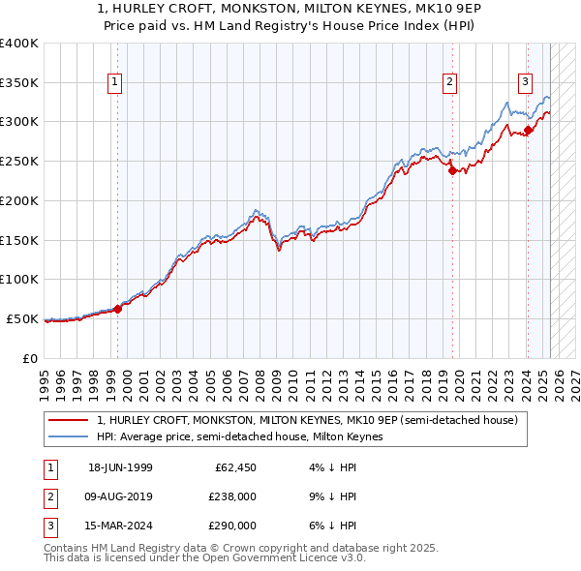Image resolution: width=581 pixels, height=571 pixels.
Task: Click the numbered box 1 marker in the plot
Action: point(114,83)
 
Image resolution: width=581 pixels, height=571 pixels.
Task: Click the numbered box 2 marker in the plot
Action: point(450,83)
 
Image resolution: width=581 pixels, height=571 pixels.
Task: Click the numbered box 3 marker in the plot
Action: point(525,83)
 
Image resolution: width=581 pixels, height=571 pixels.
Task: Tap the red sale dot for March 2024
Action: point(528,130)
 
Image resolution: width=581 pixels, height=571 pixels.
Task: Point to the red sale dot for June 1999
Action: point(117,309)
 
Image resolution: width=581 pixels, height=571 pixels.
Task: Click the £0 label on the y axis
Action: point(29,357)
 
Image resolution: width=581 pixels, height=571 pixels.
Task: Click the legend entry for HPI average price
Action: point(240,437)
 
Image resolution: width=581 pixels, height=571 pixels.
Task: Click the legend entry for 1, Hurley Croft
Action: point(308,420)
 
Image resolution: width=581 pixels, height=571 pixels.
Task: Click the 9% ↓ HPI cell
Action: point(337,496)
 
